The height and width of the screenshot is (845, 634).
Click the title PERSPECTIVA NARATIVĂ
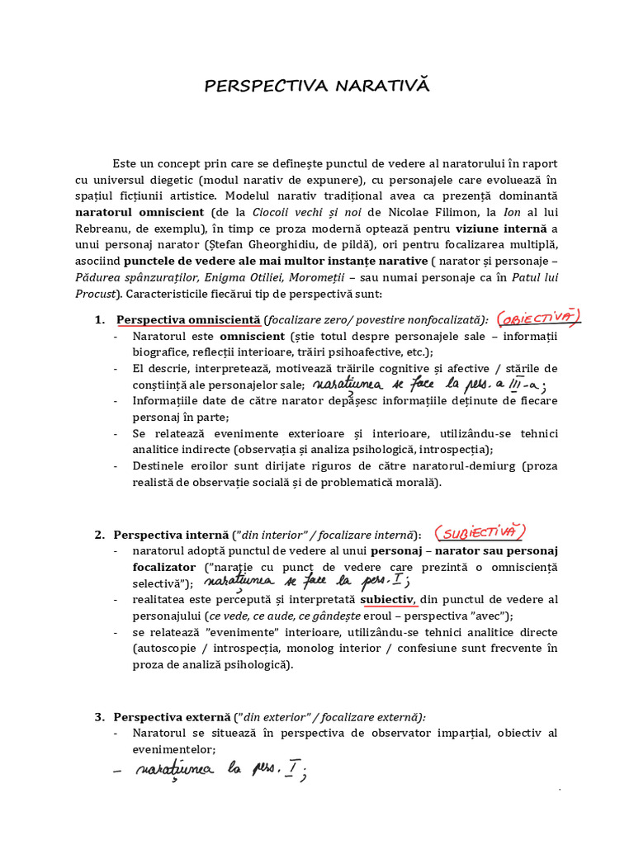click(317, 87)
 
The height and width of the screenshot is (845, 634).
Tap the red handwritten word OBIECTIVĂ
click(539, 318)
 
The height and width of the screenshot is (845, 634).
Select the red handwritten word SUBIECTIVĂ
click(480, 532)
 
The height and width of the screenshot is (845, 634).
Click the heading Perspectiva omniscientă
click(188, 320)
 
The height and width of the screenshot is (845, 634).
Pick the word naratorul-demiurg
click(426, 466)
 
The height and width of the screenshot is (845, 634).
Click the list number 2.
click(99, 535)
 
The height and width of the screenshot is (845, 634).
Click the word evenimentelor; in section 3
click(174, 749)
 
